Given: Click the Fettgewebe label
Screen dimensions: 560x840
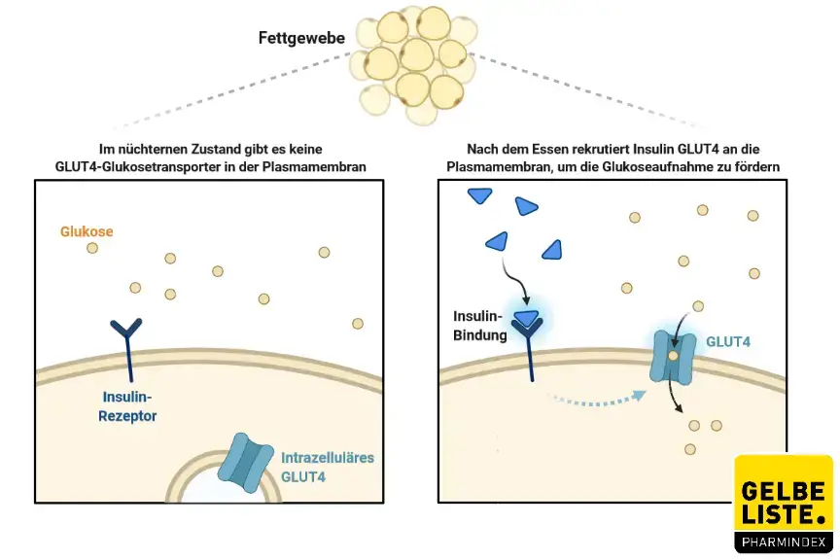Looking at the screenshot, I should [302, 39].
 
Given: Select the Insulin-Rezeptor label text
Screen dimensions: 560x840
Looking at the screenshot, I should [129, 406].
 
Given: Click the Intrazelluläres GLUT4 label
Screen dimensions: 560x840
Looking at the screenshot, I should [327, 467].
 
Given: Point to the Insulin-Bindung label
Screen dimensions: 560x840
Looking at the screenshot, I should [480, 327].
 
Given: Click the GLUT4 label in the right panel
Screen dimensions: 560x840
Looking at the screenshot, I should [727, 341].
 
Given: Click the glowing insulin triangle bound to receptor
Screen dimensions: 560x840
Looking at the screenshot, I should [527, 318].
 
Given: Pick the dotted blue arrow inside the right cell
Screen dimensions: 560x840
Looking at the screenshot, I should [597, 396].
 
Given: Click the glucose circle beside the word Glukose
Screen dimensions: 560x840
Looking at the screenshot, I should [92, 248].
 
